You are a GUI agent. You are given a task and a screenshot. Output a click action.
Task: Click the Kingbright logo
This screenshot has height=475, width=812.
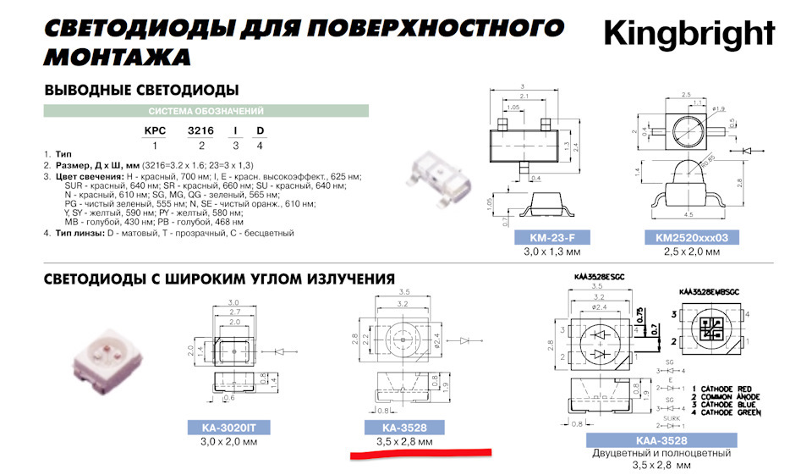[x=689, y=34]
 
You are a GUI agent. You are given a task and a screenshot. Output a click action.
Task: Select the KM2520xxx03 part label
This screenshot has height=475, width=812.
[x=685, y=237]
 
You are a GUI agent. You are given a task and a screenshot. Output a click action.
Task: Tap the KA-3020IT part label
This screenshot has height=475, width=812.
[x=228, y=428]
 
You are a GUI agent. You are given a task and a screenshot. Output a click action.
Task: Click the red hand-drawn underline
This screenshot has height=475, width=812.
[x=420, y=456]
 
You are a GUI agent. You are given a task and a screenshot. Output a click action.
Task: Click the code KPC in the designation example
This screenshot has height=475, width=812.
[x=155, y=131]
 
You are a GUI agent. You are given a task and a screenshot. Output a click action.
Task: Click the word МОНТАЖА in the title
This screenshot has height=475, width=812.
[x=118, y=57]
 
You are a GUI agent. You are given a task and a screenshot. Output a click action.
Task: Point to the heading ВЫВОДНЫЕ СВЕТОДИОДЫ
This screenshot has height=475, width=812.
[x=140, y=90]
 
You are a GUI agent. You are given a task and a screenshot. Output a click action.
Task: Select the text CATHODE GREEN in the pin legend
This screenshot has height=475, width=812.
[x=729, y=413]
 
